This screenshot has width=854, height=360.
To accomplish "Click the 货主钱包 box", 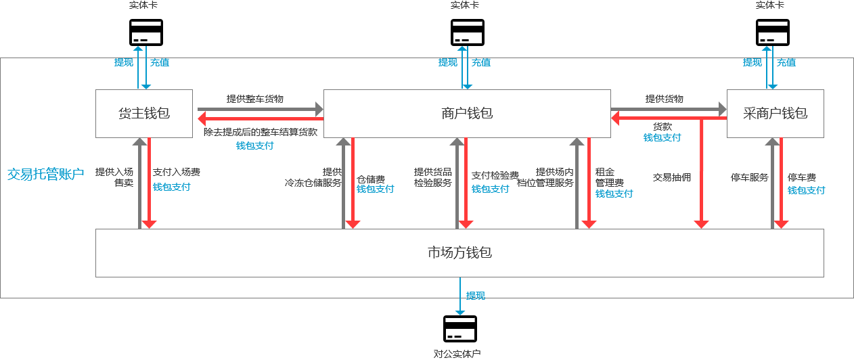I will click(143, 114).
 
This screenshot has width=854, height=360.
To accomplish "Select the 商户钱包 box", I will click(467, 114).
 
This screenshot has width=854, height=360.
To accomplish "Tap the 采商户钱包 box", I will click(775, 114).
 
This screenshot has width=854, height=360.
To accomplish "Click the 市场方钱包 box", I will click(459, 253).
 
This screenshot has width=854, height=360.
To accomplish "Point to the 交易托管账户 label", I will click(45, 174).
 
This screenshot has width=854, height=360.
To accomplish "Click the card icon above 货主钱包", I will click(146, 32).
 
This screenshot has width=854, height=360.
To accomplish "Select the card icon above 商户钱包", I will click(468, 32).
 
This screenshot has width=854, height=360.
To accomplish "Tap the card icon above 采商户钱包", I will click(773, 32).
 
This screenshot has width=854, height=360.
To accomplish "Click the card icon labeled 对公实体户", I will click(459, 329).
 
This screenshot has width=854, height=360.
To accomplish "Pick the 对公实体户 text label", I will click(457, 353).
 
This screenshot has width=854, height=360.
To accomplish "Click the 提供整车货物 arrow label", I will click(255, 99).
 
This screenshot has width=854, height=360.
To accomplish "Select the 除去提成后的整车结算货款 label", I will click(261, 132).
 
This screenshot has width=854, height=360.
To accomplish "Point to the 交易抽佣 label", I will click(672, 177).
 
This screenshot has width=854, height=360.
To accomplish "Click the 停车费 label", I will click(802, 178).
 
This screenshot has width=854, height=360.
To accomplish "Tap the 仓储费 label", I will click(371, 179).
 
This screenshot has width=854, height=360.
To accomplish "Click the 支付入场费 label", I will click(177, 172).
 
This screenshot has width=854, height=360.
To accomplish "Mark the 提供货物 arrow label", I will click(665, 99).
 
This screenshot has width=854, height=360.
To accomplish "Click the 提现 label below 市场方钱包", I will click(476, 296).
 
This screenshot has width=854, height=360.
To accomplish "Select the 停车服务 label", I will click(750, 177).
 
